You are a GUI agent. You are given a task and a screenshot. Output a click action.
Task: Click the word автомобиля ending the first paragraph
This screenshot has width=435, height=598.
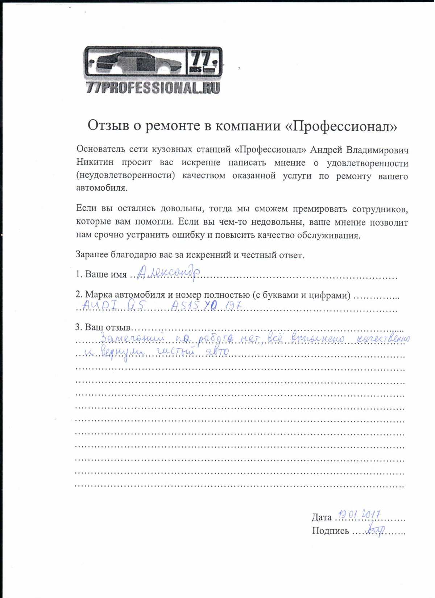click(101, 188)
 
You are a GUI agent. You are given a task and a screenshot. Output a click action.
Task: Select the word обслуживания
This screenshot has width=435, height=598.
click(328, 236)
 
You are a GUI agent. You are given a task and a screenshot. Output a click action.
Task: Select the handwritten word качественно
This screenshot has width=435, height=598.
click(384, 339)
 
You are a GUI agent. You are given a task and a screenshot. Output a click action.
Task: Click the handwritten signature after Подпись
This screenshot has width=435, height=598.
click(374, 530)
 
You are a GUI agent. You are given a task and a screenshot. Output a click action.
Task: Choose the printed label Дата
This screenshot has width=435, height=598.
click(322, 517)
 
